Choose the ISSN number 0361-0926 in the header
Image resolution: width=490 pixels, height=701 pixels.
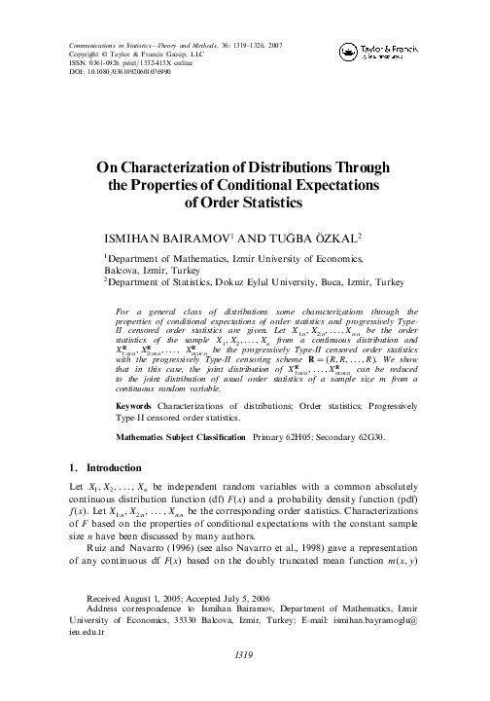pos(107,62)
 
